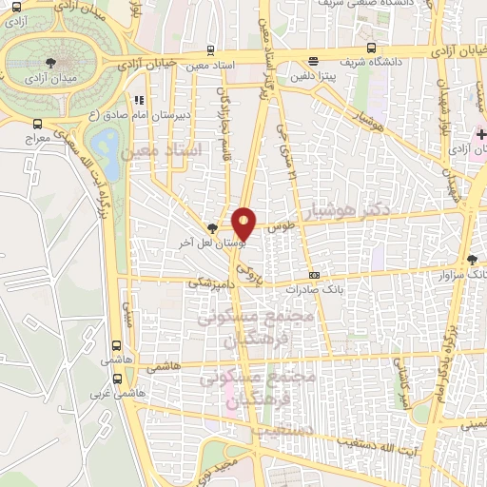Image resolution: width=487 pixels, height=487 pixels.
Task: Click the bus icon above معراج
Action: (x=38, y=124)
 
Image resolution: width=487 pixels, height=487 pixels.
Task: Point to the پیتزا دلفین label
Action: (x=315, y=72)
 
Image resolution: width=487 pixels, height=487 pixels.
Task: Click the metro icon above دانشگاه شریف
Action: (x=369, y=49)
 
